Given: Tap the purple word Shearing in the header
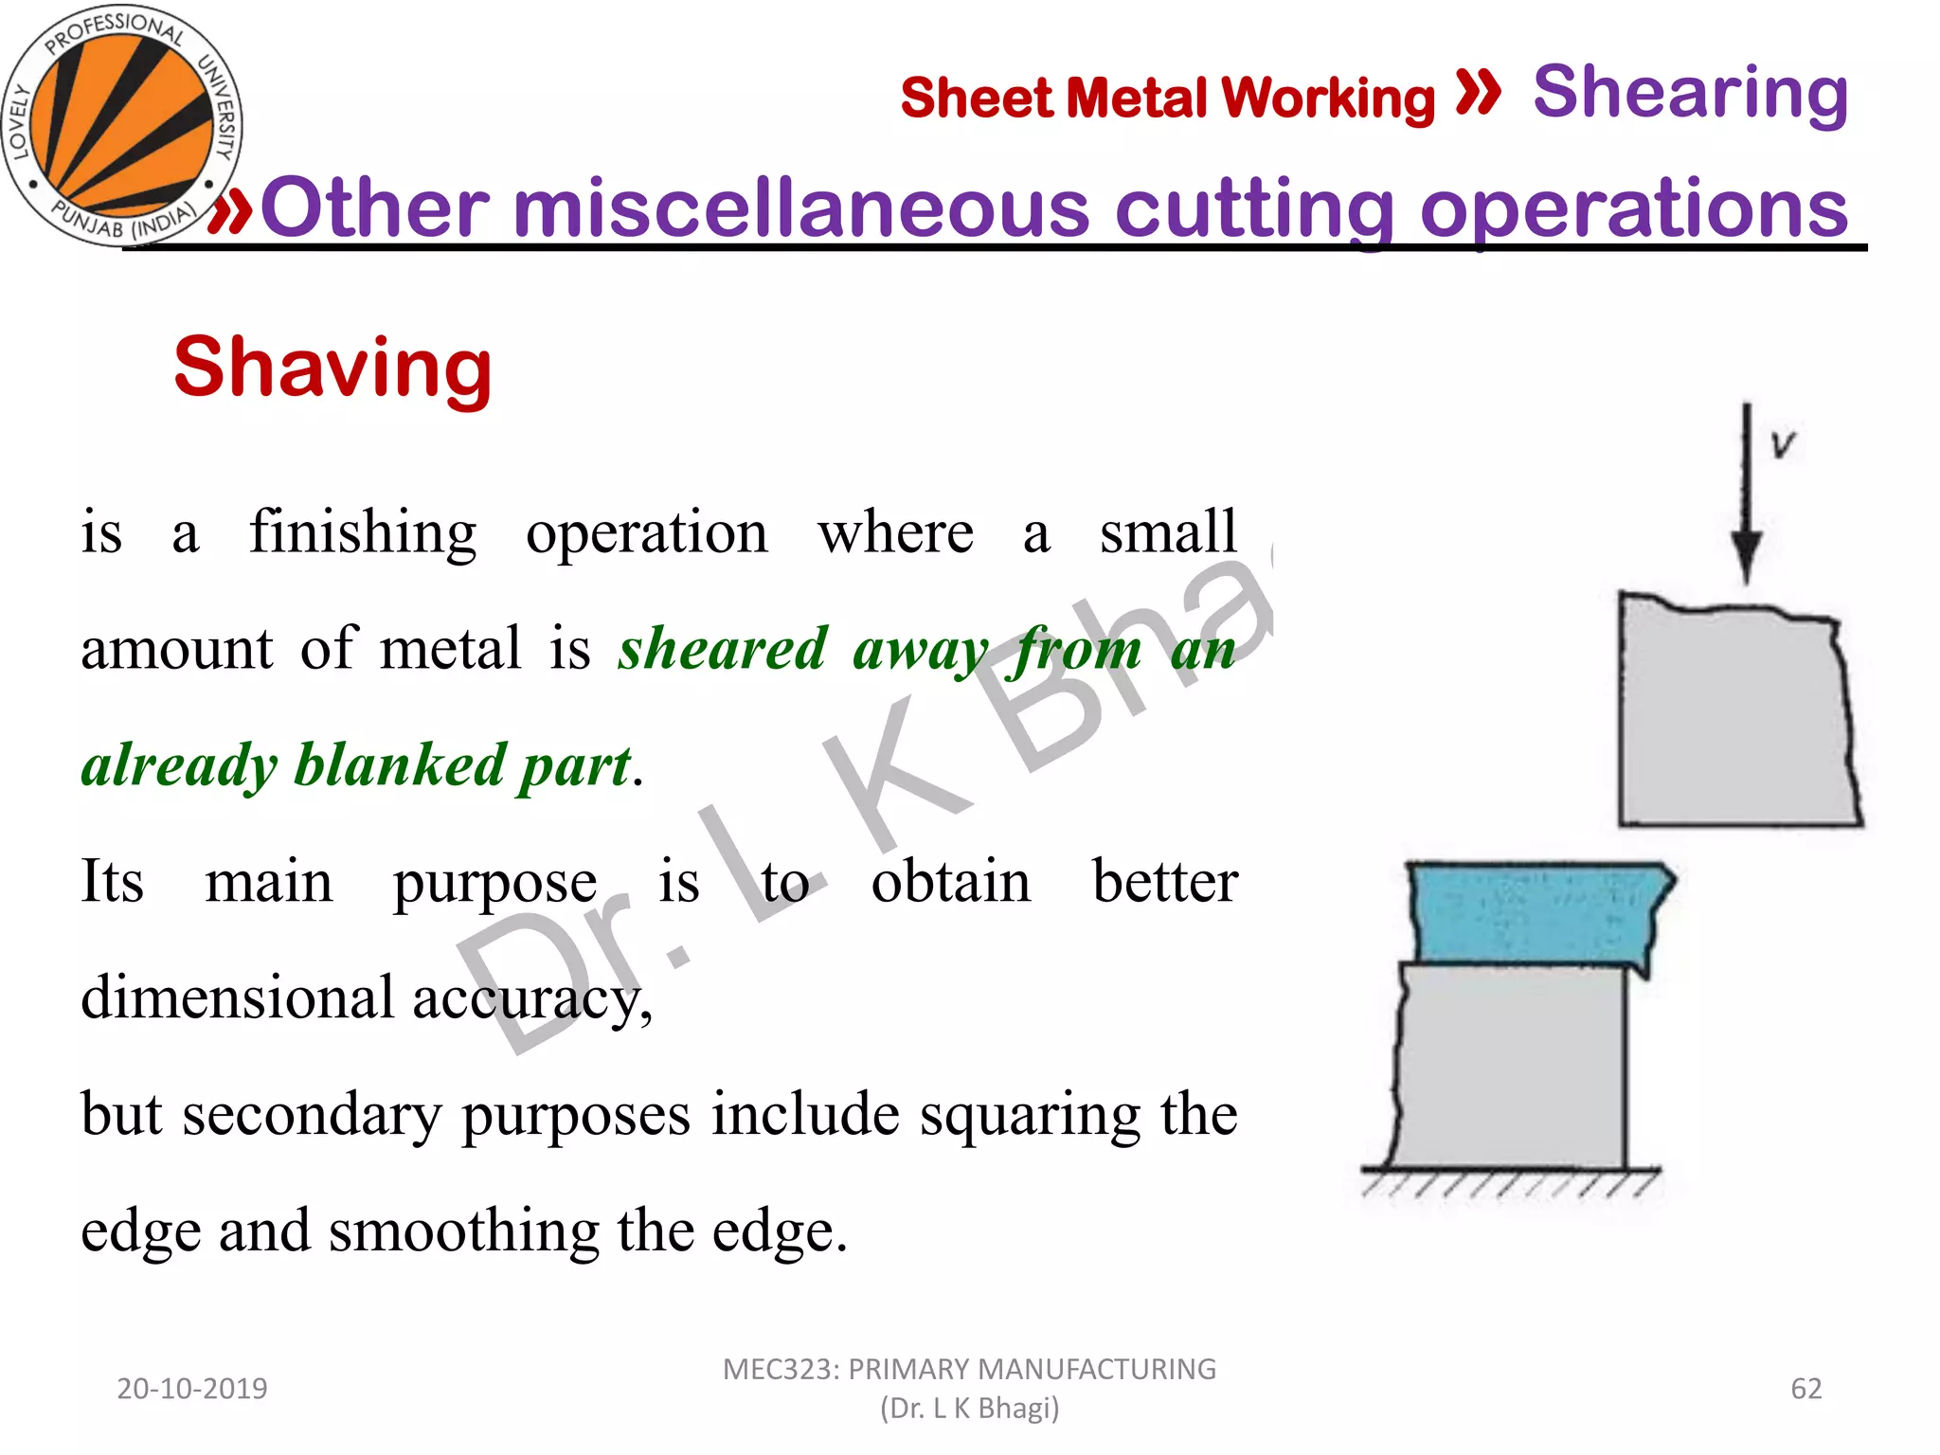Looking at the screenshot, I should pos(1690,93).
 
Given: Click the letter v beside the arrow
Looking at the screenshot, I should pos(1783,445).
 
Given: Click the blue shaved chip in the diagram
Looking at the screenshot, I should pos(1535,913).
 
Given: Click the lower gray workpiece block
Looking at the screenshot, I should pos(1512,1067).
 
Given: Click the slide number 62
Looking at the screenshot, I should pos(1805,1389).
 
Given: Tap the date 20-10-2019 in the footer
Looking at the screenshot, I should pos(192,1389).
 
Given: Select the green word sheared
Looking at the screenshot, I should pos(724,650).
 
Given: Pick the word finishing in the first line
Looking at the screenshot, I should pos(363,532).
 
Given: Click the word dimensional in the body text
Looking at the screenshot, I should pos(237,998).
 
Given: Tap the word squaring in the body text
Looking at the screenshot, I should pos(1031,1116).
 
